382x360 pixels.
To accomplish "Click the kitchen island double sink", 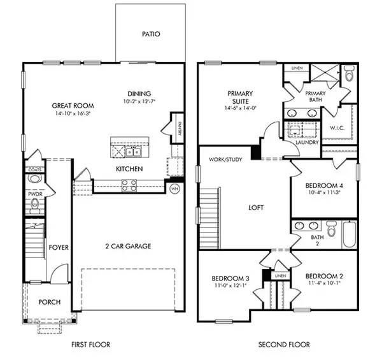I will click(x=132, y=152).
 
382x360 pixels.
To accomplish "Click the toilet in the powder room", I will click(x=35, y=204).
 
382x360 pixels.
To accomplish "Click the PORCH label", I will click(x=49, y=302).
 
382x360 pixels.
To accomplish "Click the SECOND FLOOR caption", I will click(x=283, y=345).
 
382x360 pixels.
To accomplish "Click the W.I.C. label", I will click(x=337, y=128).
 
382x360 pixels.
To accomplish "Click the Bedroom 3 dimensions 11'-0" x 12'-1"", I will click(x=230, y=285).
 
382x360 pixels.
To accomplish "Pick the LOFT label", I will click(x=256, y=208).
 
